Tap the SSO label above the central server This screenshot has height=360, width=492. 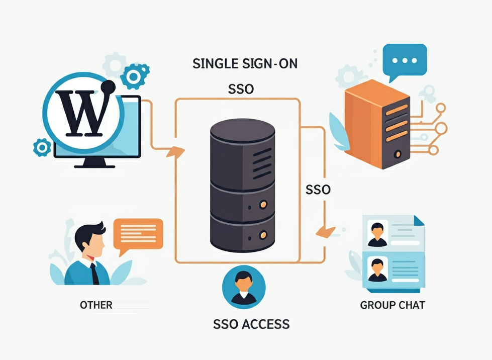(241, 89)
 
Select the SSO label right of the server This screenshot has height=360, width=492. (318, 190)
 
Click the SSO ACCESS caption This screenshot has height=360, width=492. (251, 324)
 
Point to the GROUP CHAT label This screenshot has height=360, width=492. (392, 305)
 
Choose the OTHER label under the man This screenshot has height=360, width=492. (96, 305)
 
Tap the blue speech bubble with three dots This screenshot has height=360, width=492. (404, 60)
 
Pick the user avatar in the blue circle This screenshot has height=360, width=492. (243, 287)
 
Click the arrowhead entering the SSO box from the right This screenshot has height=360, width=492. (325, 231)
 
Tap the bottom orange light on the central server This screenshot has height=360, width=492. (261, 235)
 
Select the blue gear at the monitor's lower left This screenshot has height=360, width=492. (42, 148)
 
